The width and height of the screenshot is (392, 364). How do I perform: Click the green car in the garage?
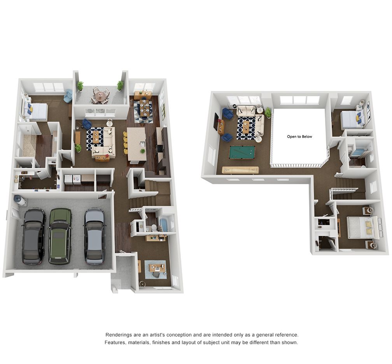(60, 236)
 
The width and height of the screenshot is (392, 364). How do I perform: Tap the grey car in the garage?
(95, 236)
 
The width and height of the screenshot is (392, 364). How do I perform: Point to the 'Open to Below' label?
(299, 136)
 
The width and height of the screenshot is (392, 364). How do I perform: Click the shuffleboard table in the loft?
(240, 170)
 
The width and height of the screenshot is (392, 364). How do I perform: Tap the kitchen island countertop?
(136, 144)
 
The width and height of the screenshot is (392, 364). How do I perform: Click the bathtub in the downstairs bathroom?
(163, 225)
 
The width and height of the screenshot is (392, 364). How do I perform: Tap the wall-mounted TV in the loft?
(216, 122)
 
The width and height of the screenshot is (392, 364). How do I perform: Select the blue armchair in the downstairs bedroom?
(68, 95)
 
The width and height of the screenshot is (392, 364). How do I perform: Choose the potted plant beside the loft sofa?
(268, 113)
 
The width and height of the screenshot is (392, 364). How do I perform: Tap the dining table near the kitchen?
(144, 108)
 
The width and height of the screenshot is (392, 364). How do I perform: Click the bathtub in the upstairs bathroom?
(357, 152)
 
